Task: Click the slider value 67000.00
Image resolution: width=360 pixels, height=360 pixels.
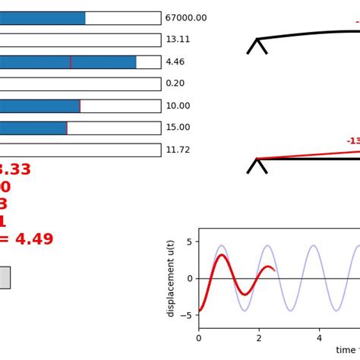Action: pyautogui.click(x=185, y=18)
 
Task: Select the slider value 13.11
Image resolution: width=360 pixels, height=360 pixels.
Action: pyautogui.click(x=178, y=39)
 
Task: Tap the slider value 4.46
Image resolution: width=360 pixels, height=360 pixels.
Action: pyautogui.click(x=175, y=62)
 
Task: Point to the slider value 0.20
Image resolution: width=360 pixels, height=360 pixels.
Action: pyautogui.click(x=175, y=84)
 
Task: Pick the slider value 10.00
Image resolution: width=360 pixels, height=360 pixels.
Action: pyautogui.click(x=178, y=106)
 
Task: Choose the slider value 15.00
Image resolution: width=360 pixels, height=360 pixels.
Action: pyautogui.click(x=178, y=128)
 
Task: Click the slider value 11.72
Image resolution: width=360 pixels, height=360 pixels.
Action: pyautogui.click(x=178, y=150)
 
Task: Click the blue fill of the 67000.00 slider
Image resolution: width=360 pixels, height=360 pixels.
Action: pyautogui.click(x=42, y=18)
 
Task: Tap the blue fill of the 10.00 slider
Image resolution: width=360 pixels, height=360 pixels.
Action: pyautogui.click(x=39, y=106)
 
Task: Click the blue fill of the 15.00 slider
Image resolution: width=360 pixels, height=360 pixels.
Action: pyautogui.click(x=33, y=128)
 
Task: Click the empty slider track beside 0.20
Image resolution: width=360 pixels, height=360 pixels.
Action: pyautogui.click(x=80, y=84)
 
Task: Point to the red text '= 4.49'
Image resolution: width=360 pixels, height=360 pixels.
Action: pyautogui.click(x=27, y=240)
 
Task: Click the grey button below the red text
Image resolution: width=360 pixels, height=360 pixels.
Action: pyautogui.click(x=5, y=277)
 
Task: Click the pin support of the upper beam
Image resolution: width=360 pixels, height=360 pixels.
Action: pyautogui.click(x=257, y=46)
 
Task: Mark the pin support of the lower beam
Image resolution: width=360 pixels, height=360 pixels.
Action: pyautogui.click(x=257, y=166)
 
